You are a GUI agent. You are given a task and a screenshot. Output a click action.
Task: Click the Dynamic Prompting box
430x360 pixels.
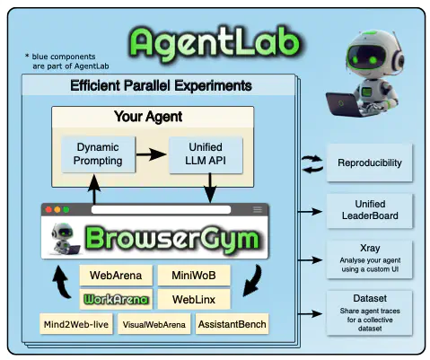point(98,154)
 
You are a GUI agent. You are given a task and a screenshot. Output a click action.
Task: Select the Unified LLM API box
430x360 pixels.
point(206,154)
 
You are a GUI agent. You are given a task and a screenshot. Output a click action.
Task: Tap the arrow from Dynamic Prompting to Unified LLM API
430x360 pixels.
point(152,154)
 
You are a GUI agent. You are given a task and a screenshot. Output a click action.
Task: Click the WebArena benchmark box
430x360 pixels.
point(116,276)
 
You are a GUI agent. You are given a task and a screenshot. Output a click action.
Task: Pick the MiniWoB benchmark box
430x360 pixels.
point(194,276)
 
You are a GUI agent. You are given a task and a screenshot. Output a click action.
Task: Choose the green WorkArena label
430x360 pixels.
point(116,299)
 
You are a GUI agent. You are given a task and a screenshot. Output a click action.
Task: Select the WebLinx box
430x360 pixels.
point(194,299)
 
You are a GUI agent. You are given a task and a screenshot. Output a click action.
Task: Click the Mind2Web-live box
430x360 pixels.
point(76,324)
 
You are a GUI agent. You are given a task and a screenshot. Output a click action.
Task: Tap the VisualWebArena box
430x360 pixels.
point(154,324)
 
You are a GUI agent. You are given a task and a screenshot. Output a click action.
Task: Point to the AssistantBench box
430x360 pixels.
point(233,324)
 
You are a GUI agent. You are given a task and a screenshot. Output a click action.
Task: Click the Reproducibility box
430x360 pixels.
point(370,162)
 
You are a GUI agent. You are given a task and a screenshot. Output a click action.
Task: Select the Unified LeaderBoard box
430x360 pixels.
point(370,211)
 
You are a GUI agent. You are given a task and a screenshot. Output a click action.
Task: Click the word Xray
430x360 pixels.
point(370,248)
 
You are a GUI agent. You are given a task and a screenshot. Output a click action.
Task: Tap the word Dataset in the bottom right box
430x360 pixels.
point(370,298)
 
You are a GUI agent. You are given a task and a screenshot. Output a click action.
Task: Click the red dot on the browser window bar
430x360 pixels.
point(48,209)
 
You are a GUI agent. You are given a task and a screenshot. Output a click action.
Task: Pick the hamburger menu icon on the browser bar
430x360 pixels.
point(258,209)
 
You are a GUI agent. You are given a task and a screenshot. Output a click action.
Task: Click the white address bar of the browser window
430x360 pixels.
point(162,209)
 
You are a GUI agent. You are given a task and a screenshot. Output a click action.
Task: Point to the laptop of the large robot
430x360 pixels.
point(343,104)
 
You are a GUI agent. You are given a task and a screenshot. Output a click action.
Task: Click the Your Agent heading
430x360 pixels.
point(148,117)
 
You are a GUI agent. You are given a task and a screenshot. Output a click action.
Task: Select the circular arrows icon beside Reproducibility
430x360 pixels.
point(312,164)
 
